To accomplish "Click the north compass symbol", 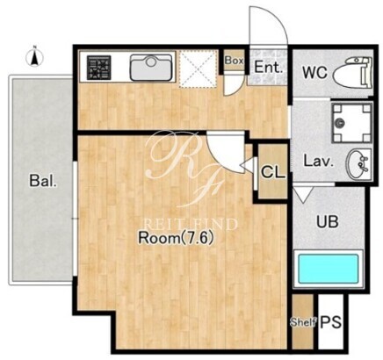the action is (34, 57).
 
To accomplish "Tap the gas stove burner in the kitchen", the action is (99, 68).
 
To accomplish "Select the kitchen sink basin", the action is (151, 67).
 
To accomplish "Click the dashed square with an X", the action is (199, 68).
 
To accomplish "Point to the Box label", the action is (234, 61).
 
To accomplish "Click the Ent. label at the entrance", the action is (269, 67).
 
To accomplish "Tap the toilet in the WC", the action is (353, 72).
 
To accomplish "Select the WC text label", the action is (314, 72).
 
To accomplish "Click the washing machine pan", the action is (352, 122).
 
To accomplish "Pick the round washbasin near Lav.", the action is (358, 163).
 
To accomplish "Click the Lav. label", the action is (318, 162).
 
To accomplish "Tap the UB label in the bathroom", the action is (328, 221).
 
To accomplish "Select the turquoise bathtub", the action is (329, 269).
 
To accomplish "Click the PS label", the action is (331, 322).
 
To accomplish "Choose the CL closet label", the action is (273, 172).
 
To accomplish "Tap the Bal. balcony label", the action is (43, 181).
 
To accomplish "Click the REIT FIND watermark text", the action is (191, 224).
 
